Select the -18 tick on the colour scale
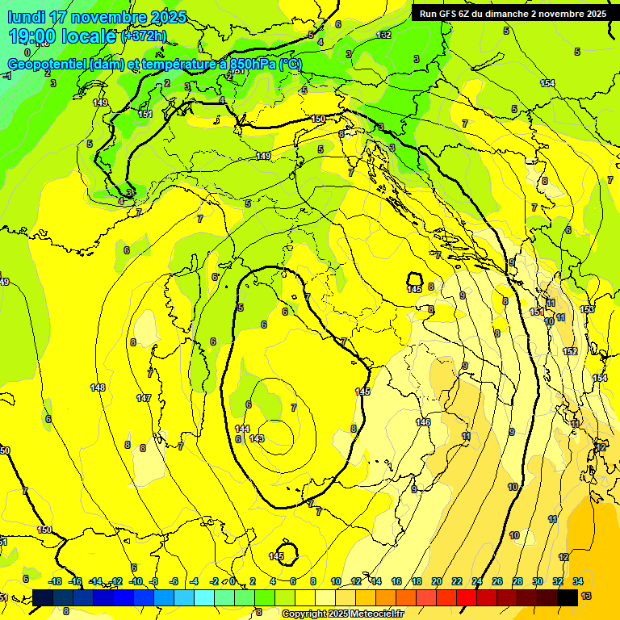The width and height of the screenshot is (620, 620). tap(56, 581)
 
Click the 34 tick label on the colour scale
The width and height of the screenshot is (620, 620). tap(578, 581)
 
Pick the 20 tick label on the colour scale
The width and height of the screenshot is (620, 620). tap(437, 581)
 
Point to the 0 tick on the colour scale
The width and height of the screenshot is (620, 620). tap(232, 581)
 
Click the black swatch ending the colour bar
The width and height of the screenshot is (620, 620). tap(568, 597)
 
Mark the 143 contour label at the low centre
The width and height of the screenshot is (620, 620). tap(258, 438)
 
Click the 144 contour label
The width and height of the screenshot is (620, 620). tap(242, 428)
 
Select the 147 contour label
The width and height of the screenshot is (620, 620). tap(144, 398)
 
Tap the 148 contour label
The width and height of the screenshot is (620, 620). tap(98, 388)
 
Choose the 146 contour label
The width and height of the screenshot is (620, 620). tap(423, 422)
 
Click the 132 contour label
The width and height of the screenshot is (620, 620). tap(384, 35)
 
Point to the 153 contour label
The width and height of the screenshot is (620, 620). tap(587, 309)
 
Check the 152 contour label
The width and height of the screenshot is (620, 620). tap(570, 351)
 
